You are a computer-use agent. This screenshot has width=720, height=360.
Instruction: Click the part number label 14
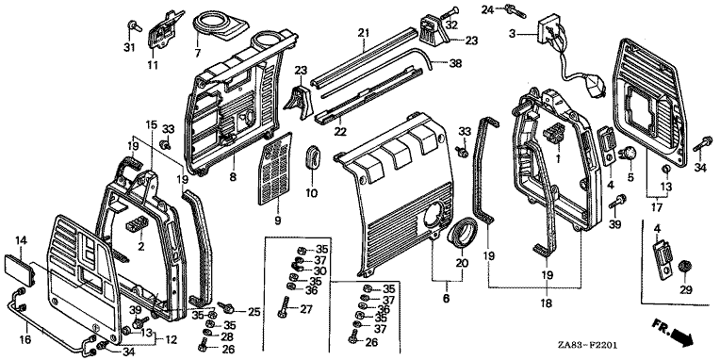[x=22, y=239]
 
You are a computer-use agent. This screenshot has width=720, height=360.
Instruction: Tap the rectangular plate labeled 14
[x=21, y=270]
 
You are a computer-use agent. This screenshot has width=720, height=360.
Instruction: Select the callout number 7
[x=198, y=54]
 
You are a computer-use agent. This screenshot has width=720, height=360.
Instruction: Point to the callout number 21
[x=364, y=33]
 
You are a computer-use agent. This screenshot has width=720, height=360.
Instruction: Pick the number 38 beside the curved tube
[x=455, y=64]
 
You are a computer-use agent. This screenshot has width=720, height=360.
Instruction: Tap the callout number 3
[x=512, y=33]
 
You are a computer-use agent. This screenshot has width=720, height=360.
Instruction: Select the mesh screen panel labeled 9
[x=275, y=169]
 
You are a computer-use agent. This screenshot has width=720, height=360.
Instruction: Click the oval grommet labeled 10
[x=312, y=157]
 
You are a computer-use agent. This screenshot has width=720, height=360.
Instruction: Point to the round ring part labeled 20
[x=461, y=234]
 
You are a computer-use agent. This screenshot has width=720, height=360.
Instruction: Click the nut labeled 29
[x=684, y=267]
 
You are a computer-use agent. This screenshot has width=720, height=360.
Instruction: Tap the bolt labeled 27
[x=282, y=306]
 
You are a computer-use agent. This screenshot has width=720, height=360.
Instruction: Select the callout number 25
[x=254, y=312]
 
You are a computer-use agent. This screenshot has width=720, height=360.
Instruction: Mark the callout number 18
[x=546, y=303]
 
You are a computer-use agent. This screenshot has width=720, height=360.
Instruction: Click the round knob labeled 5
[x=627, y=155]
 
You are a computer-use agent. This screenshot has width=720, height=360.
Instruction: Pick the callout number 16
[x=25, y=340]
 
